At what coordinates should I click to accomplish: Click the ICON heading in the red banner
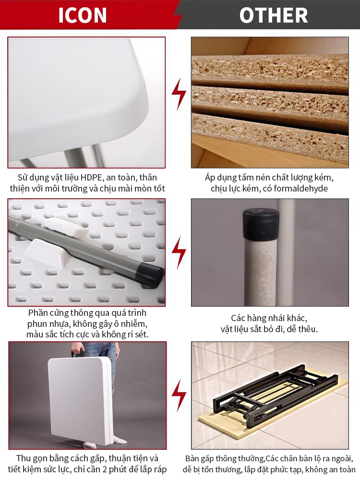[83, 15]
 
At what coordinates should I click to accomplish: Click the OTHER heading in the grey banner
[274, 15]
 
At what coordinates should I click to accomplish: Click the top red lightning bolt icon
[179, 95]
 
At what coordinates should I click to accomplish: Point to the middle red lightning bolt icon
[179, 252]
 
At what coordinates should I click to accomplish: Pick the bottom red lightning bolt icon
[179, 396]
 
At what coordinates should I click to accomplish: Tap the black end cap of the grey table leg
[150, 275]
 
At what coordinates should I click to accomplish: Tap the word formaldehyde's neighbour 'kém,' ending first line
[324, 178]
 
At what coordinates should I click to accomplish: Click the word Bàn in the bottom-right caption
[192, 458]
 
